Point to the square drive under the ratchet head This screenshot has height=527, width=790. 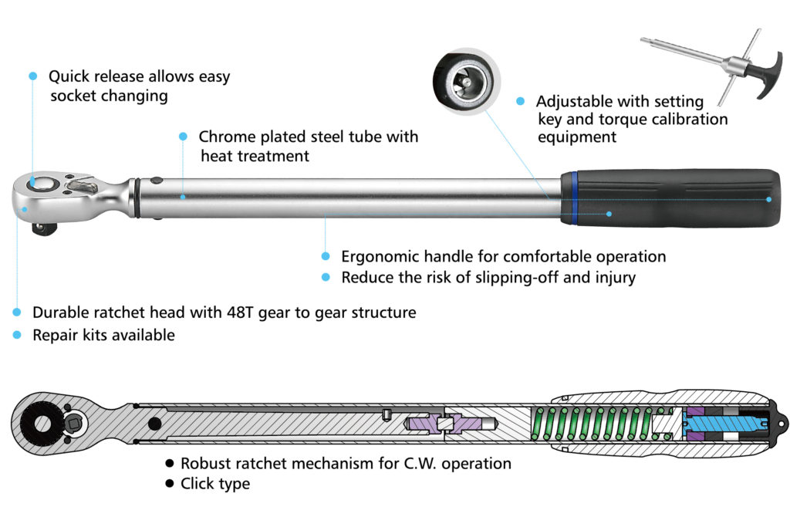[39, 228]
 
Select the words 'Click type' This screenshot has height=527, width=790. [215, 484]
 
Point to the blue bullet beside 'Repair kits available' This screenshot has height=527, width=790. [17, 335]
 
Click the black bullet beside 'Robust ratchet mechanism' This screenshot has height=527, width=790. [169, 464]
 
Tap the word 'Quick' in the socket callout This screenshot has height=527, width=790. [68, 77]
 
